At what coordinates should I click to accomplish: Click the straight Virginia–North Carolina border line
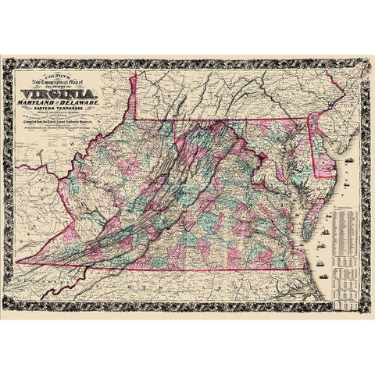pyautogui.click(x=195, y=270)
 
